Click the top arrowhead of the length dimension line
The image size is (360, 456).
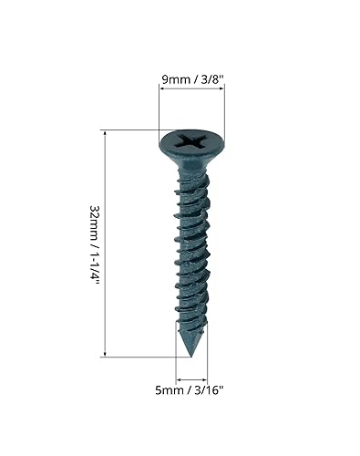[x=108, y=133]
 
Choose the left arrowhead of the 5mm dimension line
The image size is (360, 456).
[x=179, y=378]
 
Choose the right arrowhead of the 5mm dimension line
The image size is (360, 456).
[x=206, y=378]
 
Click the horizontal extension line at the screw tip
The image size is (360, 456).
[x=146, y=357]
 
